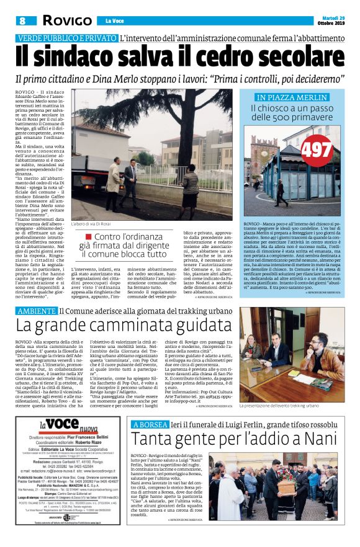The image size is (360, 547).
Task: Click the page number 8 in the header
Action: (x=21, y=20)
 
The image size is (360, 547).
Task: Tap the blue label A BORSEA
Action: (x=150, y=424)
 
